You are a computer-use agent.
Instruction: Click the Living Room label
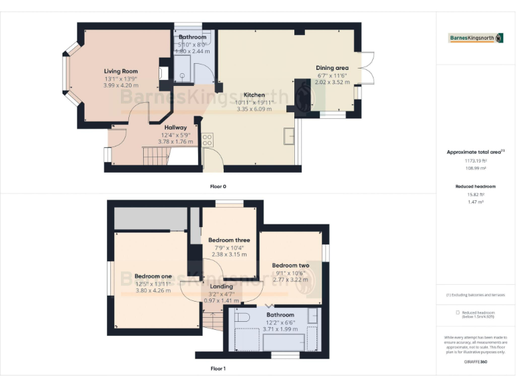(x=121, y=71)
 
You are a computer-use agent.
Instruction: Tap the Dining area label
(x=333, y=68)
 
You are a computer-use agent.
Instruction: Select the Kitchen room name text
(x=254, y=95)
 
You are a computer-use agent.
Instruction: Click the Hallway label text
(x=175, y=127)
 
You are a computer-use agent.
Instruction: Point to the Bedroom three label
(x=228, y=240)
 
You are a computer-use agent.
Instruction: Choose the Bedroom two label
(x=291, y=265)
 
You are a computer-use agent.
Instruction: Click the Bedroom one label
(x=153, y=276)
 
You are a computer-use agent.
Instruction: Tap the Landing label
(x=221, y=286)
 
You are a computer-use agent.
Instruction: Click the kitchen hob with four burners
(x=208, y=140)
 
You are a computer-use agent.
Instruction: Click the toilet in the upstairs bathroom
(x=243, y=316)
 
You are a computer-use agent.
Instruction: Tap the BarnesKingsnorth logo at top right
(x=475, y=38)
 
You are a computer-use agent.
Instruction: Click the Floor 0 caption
(x=218, y=186)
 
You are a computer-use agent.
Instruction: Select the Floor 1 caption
(x=218, y=368)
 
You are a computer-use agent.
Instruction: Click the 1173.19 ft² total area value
(x=475, y=161)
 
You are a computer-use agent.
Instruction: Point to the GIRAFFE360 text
(x=475, y=361)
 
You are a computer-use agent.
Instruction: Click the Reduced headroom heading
(x=475, y=186)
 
